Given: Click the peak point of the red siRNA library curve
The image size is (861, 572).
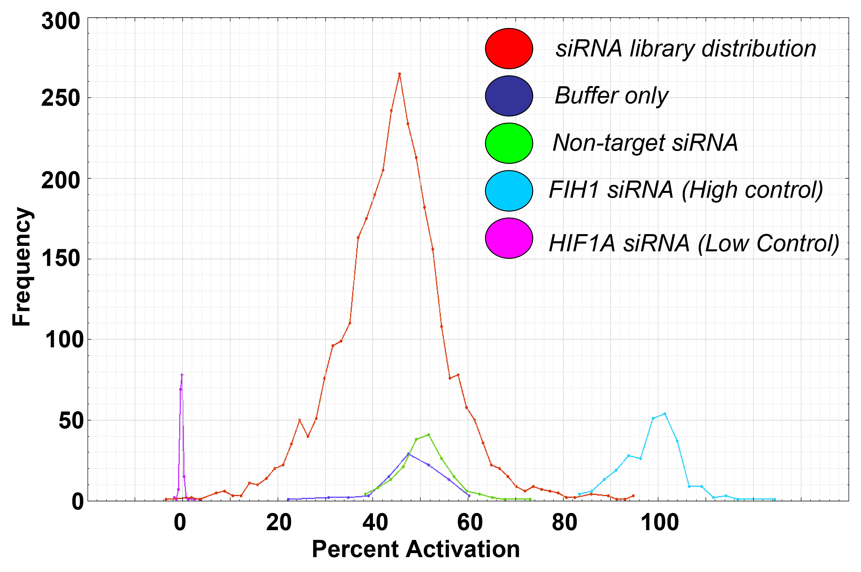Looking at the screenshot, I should (399, 74).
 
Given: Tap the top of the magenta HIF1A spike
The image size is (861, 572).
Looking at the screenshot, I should (182, 375).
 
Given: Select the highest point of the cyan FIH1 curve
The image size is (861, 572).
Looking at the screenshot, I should (665, 414).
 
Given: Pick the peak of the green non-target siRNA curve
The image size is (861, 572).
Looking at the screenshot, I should (428, 435).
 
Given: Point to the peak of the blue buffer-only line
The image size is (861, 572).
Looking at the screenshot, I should (408, 454).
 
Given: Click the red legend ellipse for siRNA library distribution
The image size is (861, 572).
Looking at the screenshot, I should (509, 48).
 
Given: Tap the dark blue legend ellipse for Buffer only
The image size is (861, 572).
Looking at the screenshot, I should (509, 96).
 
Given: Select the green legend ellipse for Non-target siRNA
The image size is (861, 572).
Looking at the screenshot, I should (509, 143).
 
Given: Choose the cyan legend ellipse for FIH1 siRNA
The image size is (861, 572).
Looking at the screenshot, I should (509, 191).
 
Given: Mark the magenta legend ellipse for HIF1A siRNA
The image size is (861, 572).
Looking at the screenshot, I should (509, 238).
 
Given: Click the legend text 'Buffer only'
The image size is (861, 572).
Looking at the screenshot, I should (611, 96).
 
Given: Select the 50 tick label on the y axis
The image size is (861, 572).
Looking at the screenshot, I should (69, 420).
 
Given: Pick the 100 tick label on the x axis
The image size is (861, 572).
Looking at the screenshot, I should (659, 522).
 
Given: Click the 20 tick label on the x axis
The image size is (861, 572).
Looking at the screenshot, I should (279, 522).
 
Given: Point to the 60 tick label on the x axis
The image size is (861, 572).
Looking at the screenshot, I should (470, 522).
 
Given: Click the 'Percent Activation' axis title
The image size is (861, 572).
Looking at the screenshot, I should (415, 549).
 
